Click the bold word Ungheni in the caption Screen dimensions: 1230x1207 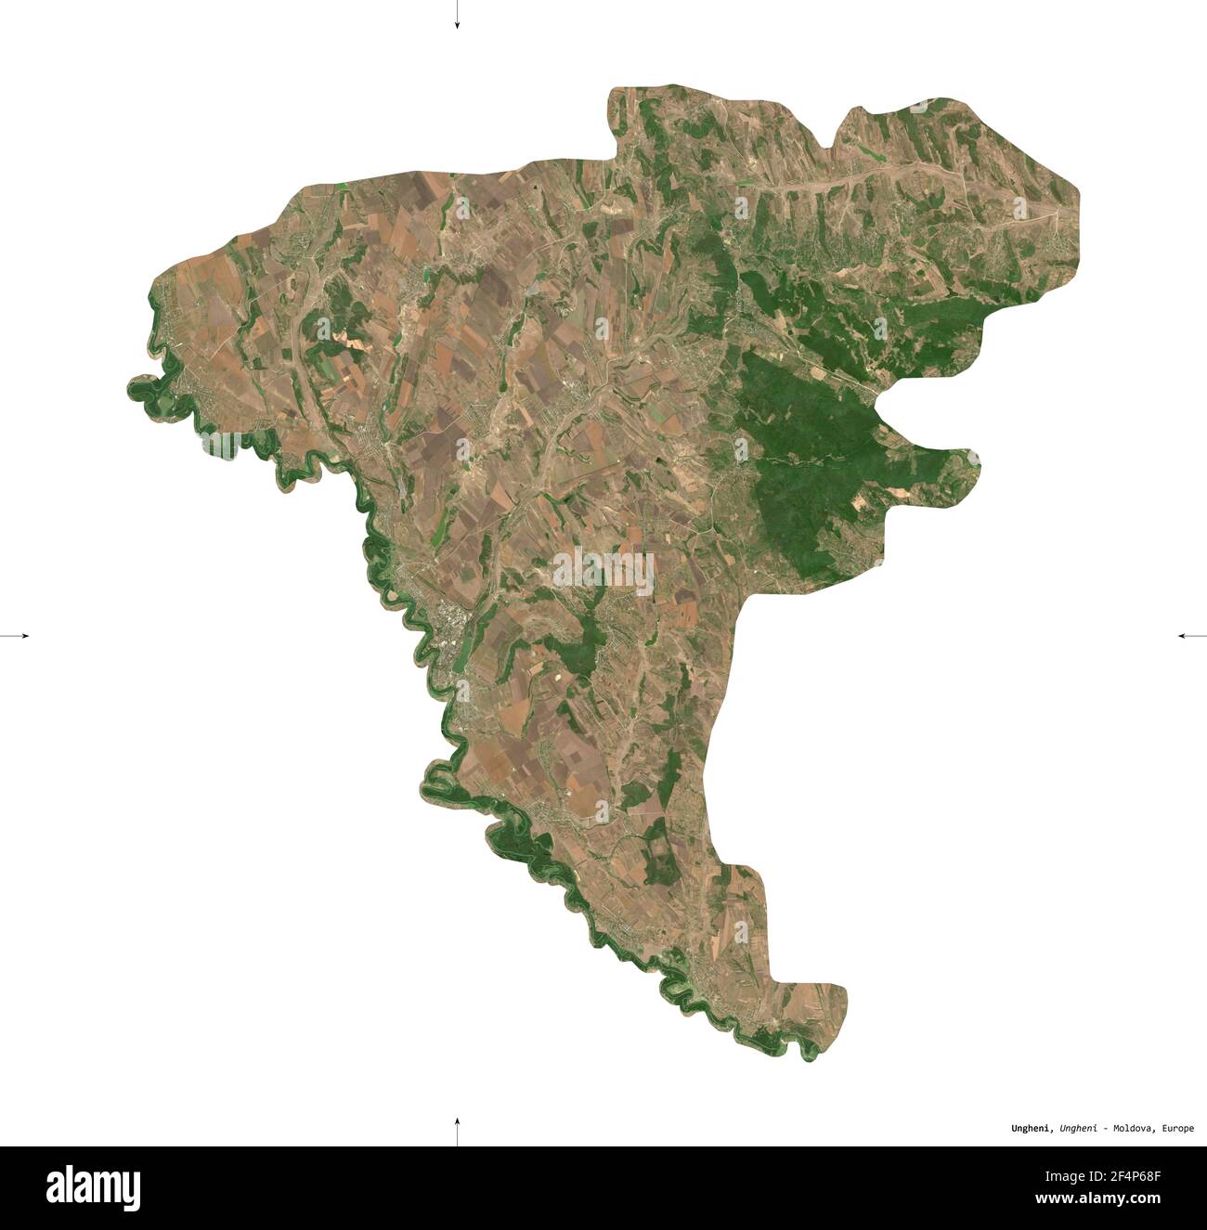tap(1031, 1129)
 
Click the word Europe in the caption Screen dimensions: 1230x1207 tap(1178, 1129)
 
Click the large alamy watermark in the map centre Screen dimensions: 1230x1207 tap(603, 571)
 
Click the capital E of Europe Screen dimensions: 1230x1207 tap(1163, 1129)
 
